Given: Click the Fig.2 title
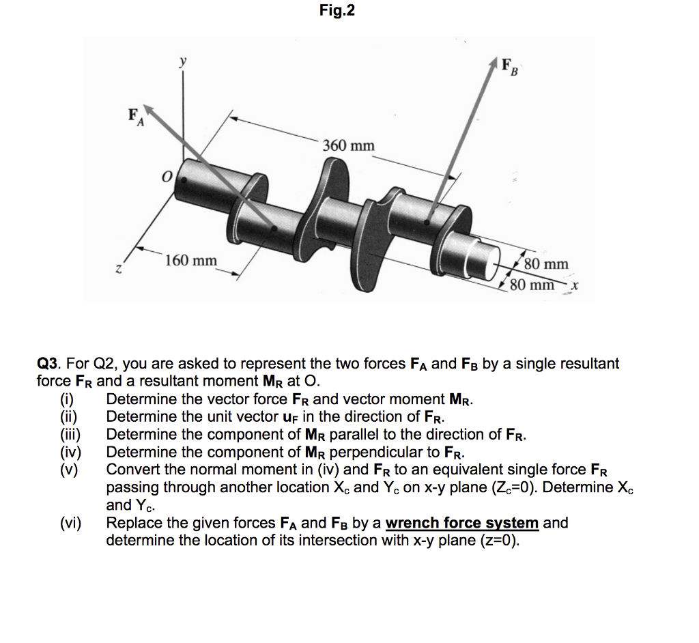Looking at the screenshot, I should [337, 11].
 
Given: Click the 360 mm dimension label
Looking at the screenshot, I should [349, 146].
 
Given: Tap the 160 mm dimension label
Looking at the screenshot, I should [191, 261].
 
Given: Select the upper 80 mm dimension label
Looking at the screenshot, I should [546, 264].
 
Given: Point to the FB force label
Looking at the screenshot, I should [510, 68].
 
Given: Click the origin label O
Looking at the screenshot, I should [165, 177].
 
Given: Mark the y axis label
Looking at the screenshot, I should [182, 61].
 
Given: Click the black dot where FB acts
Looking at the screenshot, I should [427, 222].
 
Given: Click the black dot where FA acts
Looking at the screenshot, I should [274, 229].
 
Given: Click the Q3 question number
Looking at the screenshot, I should [48, 364].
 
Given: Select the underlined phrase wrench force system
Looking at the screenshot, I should [462, 524].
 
